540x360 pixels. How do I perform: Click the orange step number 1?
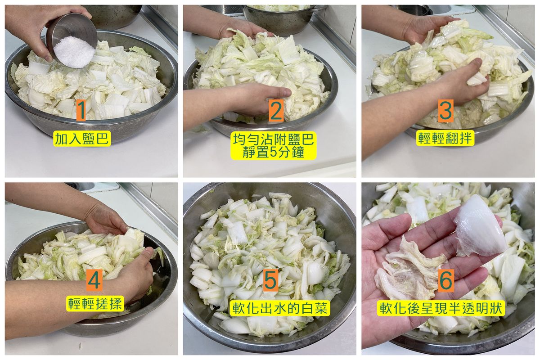(x=81, y=111)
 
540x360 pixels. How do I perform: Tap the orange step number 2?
(x=276, y=111)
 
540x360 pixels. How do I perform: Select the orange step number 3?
(x=446, y=111)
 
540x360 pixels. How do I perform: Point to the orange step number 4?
(x=94, y=280)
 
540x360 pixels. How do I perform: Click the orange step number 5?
(x=271, y=280)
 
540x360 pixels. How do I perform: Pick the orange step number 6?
(x=446, y=280)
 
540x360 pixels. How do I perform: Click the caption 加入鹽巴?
(x=82, y=139)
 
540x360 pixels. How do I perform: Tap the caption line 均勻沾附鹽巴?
(x=274, y=139)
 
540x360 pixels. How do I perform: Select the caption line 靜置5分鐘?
(x=274, y=153)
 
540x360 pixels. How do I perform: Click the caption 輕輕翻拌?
(x=445, y=138)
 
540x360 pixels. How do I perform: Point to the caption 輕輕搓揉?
(x=95, y=304)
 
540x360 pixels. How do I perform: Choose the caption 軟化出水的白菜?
(x=280, y=308)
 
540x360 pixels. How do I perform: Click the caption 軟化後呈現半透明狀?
(x=441, y=308)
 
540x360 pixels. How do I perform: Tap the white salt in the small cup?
(x=74, y=51)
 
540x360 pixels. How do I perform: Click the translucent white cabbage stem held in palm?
(x=479, y=227)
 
